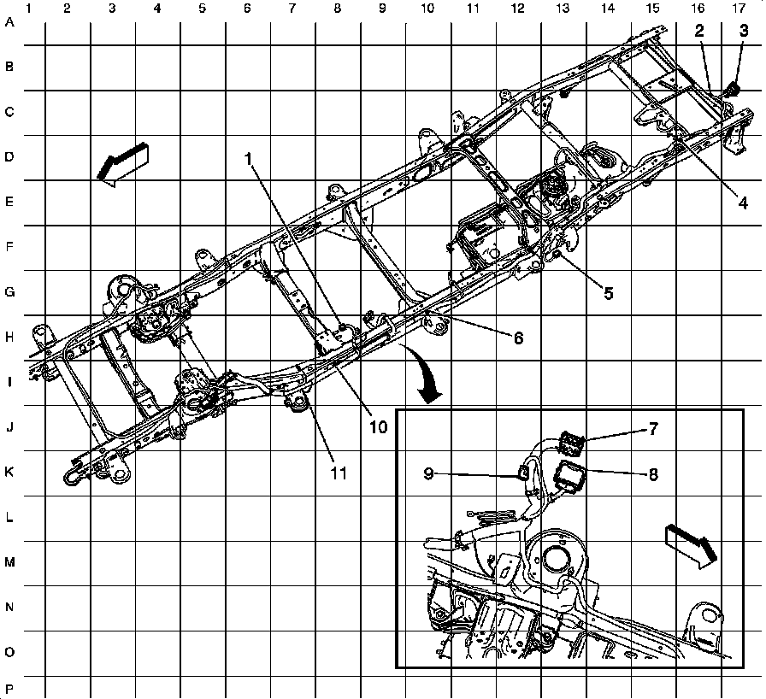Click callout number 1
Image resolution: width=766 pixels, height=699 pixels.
coord(249,159)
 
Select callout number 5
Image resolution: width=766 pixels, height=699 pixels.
coord(608,293)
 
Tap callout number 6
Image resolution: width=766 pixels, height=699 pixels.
coord(518,338)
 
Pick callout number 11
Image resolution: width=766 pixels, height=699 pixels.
coord(339,473)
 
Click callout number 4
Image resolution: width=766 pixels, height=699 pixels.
coord(743,203)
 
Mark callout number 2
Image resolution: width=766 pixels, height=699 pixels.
coord(699,32)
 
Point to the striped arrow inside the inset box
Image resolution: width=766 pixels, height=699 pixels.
coord(692,544)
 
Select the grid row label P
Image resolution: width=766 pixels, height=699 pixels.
coord(9,688)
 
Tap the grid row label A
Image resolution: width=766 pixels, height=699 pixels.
coord(9,23)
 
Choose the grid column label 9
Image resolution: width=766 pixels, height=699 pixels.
coord(381,8)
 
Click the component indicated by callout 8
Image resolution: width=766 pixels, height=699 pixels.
coord(569,473)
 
